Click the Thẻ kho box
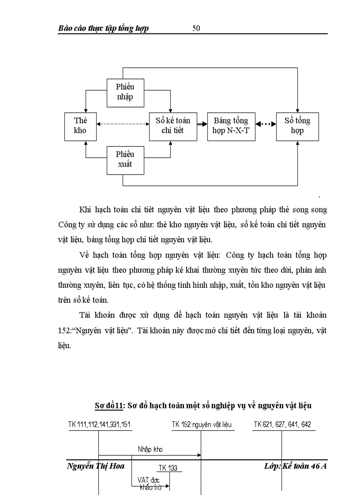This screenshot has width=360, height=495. point(80,126)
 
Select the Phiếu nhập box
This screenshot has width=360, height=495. point(125,92)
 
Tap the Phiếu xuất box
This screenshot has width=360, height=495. point(125,160)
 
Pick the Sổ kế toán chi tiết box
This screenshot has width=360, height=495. point(173,126)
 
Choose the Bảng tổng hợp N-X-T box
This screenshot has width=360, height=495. point(231,126)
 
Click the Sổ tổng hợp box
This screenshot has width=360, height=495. point(297,126)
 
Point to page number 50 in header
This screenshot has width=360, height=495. point(196,28)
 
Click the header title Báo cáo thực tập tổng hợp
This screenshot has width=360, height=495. point(103,28)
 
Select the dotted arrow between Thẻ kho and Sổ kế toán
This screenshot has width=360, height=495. point(123,125)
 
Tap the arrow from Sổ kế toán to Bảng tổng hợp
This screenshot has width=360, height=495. point(202,125)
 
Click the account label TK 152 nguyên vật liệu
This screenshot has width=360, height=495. point(202,424)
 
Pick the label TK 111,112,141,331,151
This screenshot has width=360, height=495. point(99,424)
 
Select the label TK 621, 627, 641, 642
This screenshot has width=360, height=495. point(282,424)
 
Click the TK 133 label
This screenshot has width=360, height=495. point(168,468)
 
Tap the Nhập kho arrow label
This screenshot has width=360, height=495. point(150,450)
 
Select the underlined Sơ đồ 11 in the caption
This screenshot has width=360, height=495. point(110,406)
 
